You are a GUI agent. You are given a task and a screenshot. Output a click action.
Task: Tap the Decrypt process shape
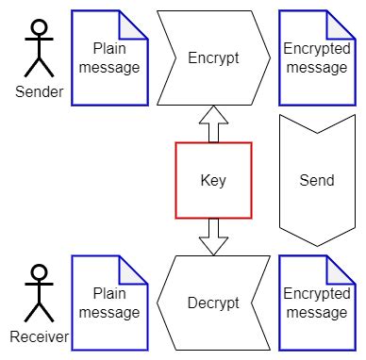(213, 303)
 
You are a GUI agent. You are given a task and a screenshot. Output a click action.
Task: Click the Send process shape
(316, 180)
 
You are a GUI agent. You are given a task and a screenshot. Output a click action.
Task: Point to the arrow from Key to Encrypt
(213, 124)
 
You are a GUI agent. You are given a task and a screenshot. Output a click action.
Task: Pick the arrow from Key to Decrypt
(213, 236)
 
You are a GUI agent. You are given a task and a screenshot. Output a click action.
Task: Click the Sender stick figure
(39, 49)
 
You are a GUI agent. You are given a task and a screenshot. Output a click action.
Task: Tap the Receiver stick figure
(39, 293)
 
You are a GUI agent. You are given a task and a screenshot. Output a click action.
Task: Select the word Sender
(39, 92)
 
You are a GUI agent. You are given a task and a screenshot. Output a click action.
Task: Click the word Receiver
(39, 336)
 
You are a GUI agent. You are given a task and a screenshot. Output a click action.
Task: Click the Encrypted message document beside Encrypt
(316, 57)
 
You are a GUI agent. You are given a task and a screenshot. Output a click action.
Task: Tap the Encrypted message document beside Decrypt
(316, 303)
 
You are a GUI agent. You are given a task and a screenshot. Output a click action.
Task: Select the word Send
(316, 180)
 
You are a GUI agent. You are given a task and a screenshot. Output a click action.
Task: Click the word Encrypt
(213, 57)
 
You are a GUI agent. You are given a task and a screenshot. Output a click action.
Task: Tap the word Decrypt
(213, 303)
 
